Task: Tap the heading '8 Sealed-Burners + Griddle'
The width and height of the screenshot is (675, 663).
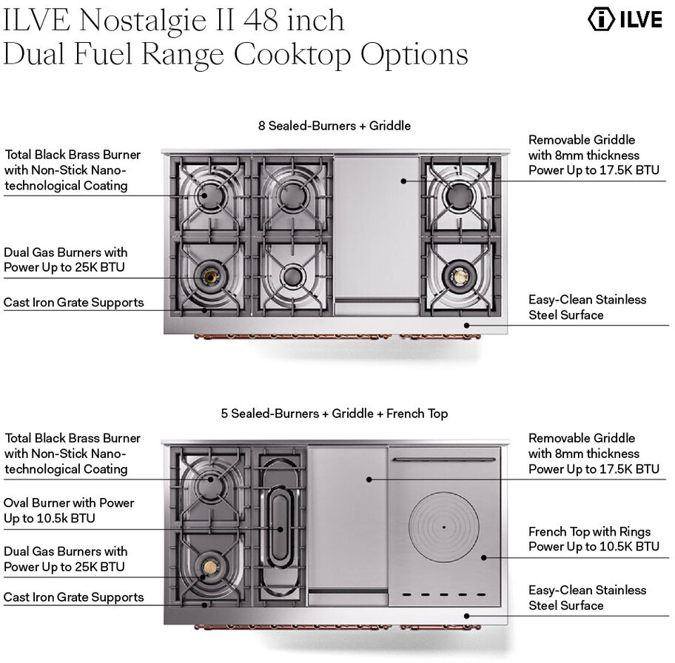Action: point(335,126)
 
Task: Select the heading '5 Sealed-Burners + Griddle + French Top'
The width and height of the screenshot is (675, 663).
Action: point(335,414)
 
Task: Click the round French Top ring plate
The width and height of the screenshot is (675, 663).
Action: point(444,527)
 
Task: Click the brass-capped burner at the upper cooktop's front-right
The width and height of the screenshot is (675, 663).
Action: point(459,277)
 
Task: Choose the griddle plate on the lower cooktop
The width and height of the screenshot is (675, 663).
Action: point(348,518)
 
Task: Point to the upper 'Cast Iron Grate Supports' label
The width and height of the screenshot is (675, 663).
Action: point(73,302)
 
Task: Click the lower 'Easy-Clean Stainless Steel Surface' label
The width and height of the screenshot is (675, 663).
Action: point(587,598)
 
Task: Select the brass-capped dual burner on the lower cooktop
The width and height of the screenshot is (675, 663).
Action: point(210,568)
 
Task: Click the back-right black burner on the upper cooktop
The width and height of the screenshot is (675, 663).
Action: point(459,195)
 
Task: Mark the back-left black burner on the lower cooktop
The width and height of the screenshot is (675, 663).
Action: point(210,481)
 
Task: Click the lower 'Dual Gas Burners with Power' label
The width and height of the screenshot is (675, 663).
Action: point(65,559)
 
